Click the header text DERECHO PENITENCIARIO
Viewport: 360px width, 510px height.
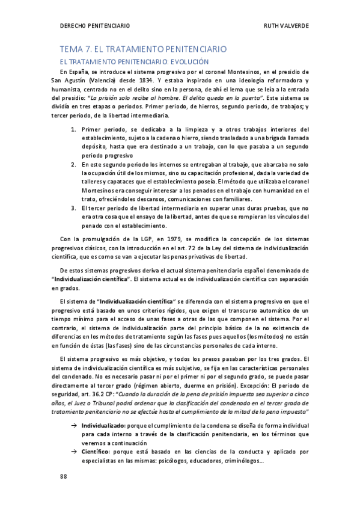coord(96,26)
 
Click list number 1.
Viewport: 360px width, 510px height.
coord(73,129)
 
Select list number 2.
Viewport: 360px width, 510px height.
coord(73,164)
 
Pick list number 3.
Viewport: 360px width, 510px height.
coord(73,207)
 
